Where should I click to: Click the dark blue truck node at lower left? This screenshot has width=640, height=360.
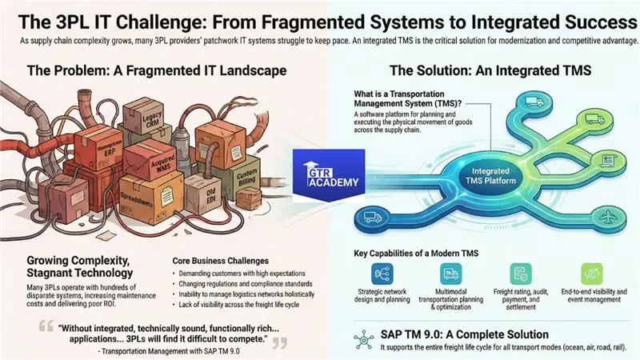point(371,216)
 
